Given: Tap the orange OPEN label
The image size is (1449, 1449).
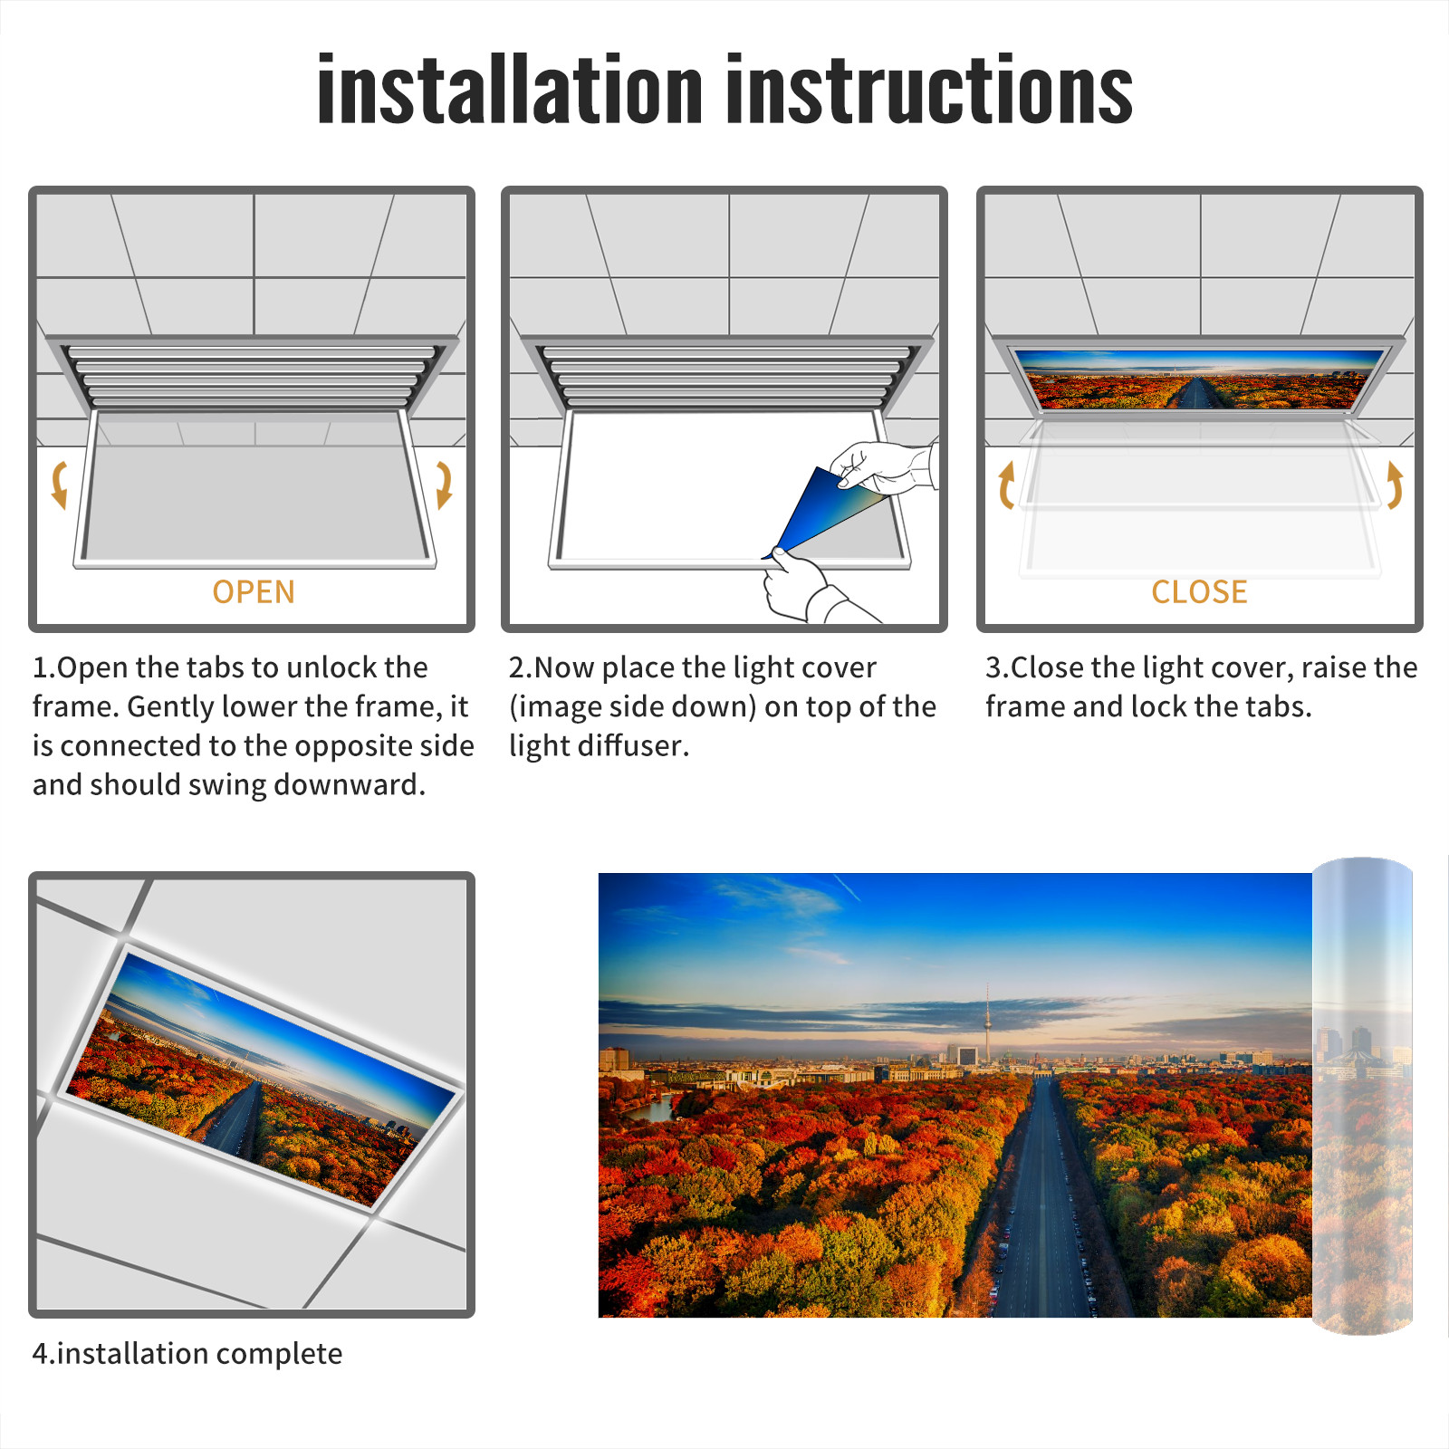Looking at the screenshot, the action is pyautogui.click(x=254, y=592).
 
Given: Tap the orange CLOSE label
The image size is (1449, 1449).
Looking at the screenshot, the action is pyautogui.click(x=1199, y=592).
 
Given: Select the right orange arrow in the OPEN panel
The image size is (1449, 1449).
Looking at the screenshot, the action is pyautogui.click(x=444, y=485).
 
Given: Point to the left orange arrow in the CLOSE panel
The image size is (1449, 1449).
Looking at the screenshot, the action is pyautogui.click(x=1005, y=485).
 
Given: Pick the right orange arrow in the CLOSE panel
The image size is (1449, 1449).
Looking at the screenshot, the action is pyautogui.click(x=1396, y=485).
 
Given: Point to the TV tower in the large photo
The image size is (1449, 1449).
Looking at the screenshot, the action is pyautogui.click(x=987, y=1023).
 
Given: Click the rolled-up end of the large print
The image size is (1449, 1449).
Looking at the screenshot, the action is pyautogui.click(x=1362, y=1095).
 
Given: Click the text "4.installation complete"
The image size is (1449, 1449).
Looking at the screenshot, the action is pyautogui.click(x=187, y=1354).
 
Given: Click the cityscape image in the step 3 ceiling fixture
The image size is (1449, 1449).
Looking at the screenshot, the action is pyautogui.click(x=1199, y=379).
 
